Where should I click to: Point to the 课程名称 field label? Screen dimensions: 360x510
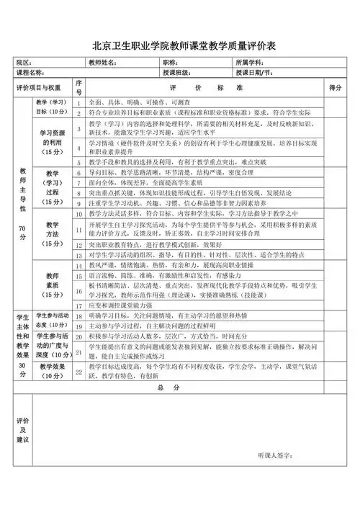(30, 73)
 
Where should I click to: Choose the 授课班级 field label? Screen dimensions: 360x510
(176, 73)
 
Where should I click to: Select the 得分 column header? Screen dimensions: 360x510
(334, 87)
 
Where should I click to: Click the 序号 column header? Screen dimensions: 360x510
(79, 87)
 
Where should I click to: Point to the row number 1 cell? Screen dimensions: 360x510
(79, 103)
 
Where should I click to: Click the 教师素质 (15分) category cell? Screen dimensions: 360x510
(52, 285)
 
